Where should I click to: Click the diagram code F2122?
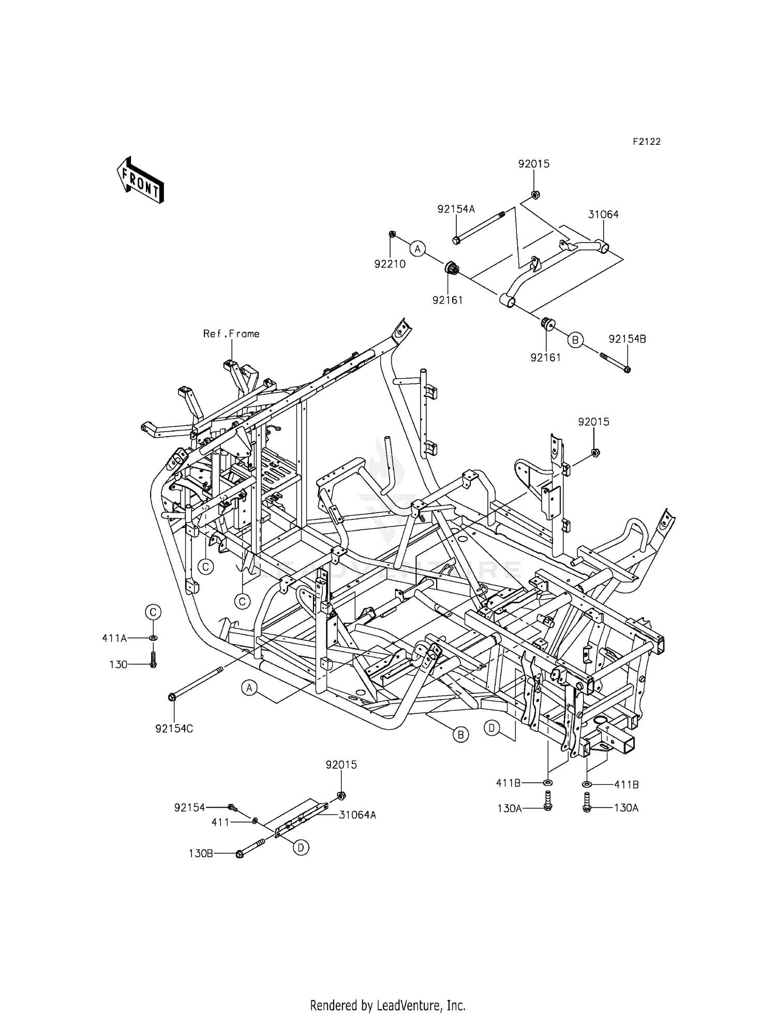pyautogui.click(x=646, y=142)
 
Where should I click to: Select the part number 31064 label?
pyautogui.click(x=603, y=214)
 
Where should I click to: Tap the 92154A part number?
pyautogui.click(x=456, y=209)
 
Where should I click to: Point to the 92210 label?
pyautogui.click(x=390, y=264)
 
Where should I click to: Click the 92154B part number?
pyautogui.click(x=627, y=339)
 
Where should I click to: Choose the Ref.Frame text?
pyautogui.click(x=231, y=334)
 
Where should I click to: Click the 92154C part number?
pyautogui.click(x=174, y=729)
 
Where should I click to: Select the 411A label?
pyautogui.click(x=114, y=638)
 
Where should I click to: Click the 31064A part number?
pyautogui.click(x=357, y=815)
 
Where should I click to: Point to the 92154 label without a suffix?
pyautogui.click(x=189, y=807)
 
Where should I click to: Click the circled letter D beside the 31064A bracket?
pyautogui.click(x=301, y=847)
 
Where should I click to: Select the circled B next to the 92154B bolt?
pyautogui.click(x=575, y=340)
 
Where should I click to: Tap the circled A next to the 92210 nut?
pyautogui.click(x=417, y=249)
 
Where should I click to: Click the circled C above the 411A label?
pyautogui.click(x=153, y=613)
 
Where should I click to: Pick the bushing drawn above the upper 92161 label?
pyautogui.click(x=452, y=268)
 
